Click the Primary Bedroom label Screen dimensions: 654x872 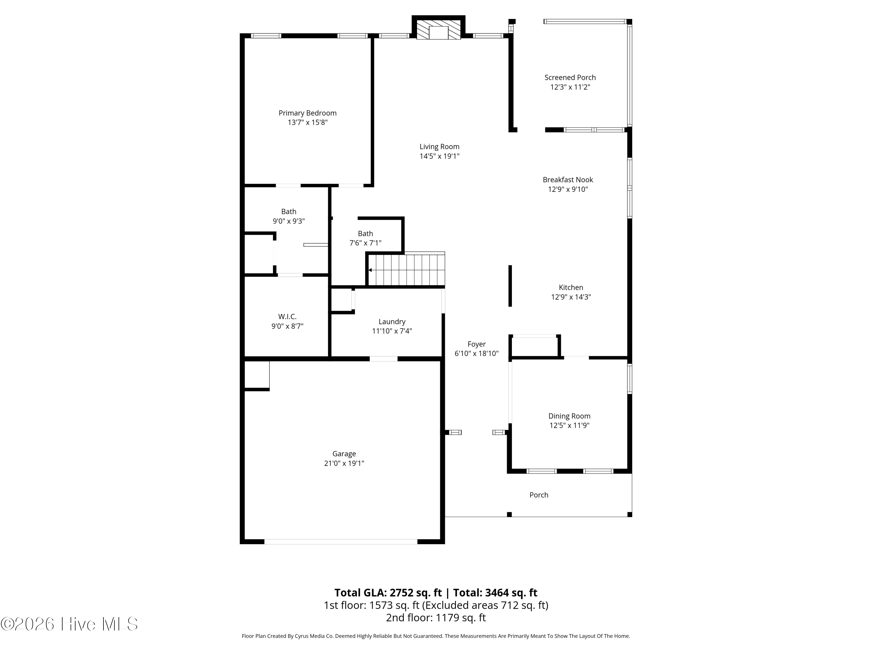tap(308, 113)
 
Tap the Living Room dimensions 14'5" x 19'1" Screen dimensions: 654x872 tap(439, 156)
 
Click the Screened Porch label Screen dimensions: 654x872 tap(570, 78)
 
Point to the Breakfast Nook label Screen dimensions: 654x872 tap(567, 180)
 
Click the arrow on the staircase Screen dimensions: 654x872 tap(371, 270)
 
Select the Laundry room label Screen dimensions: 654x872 tap(392, 322)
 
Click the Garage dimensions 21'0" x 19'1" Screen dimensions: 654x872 tap(344, 463)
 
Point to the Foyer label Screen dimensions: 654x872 tap(476, 344)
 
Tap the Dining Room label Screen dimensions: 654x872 tap(569, 416)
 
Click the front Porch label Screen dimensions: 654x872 tap(539, 495)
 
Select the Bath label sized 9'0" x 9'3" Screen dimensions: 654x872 tap(289, 212)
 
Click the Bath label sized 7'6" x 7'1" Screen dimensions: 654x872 tap(365, 233)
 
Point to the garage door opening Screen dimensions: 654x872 tap(341, 542)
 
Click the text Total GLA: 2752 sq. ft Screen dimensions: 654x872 tap(388, 592)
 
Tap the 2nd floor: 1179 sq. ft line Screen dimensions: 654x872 tap(436, 617)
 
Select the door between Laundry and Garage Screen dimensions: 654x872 tap(383, 359)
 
